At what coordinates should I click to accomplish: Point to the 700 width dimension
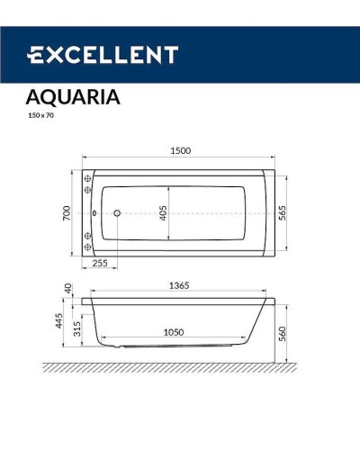point(66,212)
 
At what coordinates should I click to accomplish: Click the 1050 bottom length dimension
point(174,331)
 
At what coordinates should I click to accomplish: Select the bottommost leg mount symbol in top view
point(87,247)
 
